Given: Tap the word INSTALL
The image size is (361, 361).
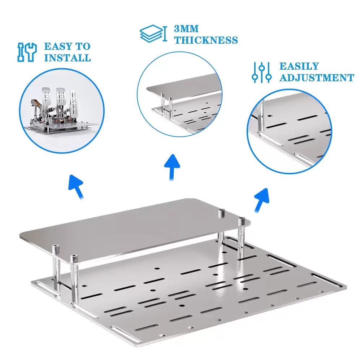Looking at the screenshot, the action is point(68,57).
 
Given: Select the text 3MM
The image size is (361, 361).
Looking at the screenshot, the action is point(186,29).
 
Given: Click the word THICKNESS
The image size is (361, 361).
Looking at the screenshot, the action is point(206,40).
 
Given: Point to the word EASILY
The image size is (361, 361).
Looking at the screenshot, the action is point(299,66).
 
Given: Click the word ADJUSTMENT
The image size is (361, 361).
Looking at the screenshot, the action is point(317,78).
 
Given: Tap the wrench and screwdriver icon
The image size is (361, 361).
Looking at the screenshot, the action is point(27,52).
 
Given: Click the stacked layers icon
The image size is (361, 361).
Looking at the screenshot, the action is point(151,34).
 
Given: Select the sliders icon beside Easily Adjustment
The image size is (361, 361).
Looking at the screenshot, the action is point(261,72).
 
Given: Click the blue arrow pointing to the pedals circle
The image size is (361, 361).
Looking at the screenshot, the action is point(77,186).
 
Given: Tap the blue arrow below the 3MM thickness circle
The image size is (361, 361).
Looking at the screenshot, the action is point(172,167).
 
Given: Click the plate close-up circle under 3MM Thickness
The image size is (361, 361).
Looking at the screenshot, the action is point(179,94).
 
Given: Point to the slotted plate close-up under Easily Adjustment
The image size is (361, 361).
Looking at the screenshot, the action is point(289,131).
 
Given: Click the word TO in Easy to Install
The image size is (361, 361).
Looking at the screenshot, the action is point(83,46).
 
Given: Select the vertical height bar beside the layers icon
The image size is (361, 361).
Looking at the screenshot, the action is point(165,34).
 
